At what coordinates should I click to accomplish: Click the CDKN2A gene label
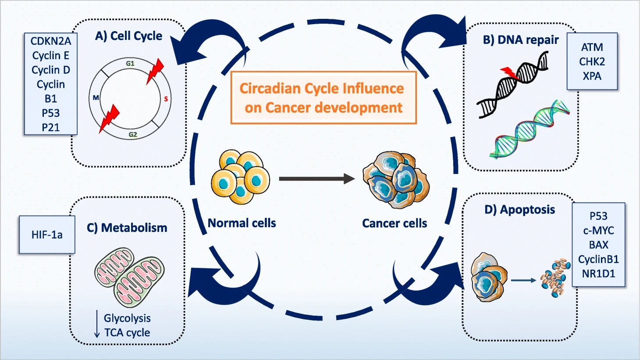pyautogui.click(x=50, y=41)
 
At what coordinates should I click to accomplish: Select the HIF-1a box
pyautogui.click(x=47, y=235)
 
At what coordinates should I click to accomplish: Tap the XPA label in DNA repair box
pyautogui.click(x=592, y=76)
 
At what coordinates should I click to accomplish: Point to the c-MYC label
pyautogui.click(x=598, y=230)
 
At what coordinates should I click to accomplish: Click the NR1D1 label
pyautogui.click(x=598, y=274)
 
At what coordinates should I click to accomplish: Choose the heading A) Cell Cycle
pyautogui.click(x=128, y=36)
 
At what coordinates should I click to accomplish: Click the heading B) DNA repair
pyautogui.click(x=520, y=40)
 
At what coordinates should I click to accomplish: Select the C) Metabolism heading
pyautogui.click(x=127, y=228)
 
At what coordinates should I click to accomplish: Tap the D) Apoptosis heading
pyautogui.click(x=519, y=210)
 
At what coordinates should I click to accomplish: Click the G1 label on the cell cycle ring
pyautogui.click(x=130, y=64)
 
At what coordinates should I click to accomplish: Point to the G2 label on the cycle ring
pyautogui.click(x=133, y=135)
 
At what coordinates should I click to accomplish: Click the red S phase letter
pyautogui.click(x=166, y=99)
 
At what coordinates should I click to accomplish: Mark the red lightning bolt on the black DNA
pyautogui.click(x=510, y=73)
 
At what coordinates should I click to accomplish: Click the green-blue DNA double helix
pyautogui.click(x=530, y=129)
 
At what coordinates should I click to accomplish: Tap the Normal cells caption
pyautogui.click(x=242, y=223)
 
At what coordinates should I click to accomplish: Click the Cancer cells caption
pyautogui.click(x=394, y=223)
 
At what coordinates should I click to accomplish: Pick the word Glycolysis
pyautogui.click(x=127, y=318)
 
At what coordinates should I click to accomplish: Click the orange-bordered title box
pyautogui.click(x=323, y=98)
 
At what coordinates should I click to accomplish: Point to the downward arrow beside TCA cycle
pyautogui.click(x=97, y=324)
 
